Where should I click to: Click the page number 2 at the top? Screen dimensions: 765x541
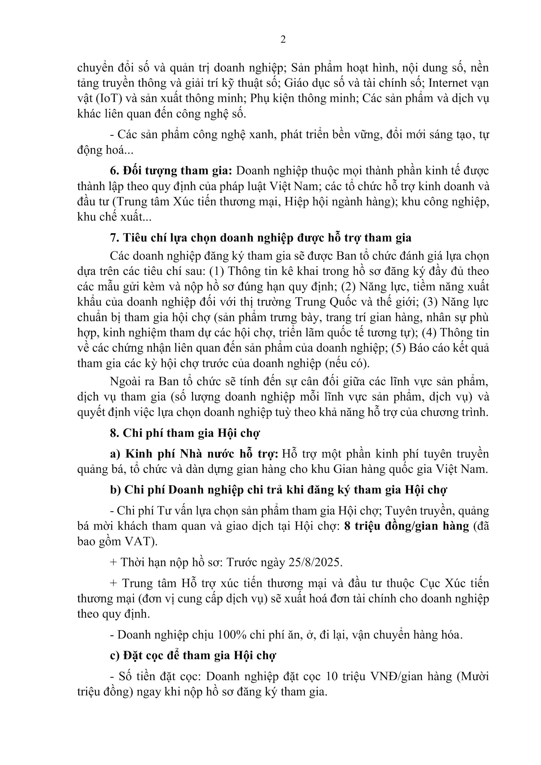click(x=283, y=40)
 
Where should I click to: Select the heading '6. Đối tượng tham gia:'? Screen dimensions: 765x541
click(x=171, y=171)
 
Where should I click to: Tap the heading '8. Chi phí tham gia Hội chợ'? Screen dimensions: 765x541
click(x=184, y=433)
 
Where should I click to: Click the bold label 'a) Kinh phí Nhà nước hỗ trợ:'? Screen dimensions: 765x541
click(x=194, y=453)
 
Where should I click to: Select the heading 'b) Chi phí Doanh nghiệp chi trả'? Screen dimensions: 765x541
click(x=278, y=490)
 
